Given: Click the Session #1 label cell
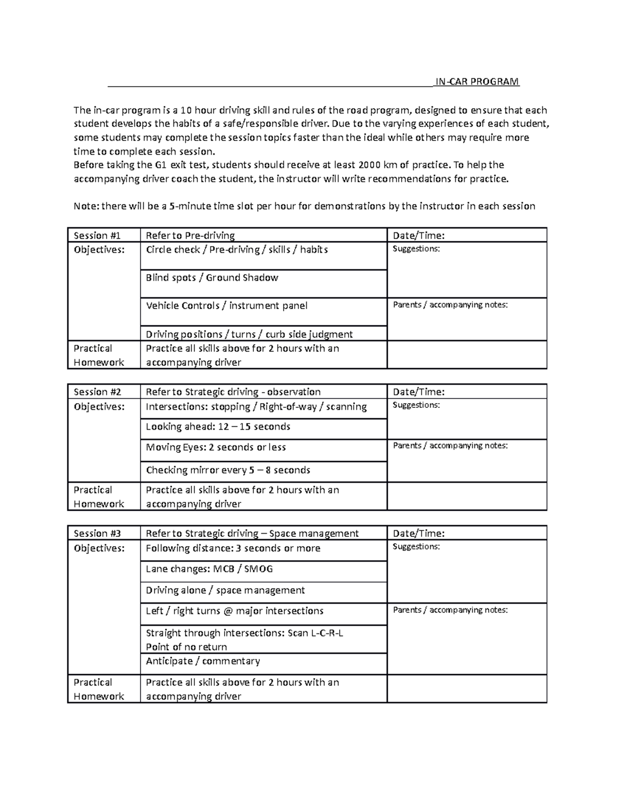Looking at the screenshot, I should click(x=97, y=236).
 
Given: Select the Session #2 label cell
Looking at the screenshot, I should click(x=97, y=392).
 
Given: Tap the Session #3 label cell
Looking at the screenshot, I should click(x=97, y=533).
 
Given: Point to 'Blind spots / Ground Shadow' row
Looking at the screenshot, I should click(x=212, y=278).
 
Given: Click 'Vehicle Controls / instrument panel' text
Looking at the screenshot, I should click(x=226, y=305).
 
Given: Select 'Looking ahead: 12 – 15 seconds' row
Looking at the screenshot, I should click(x=218, y=427).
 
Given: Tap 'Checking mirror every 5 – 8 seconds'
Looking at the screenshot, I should click(x=228, y=470).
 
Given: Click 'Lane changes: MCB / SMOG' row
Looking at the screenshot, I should click(x=209, y=569).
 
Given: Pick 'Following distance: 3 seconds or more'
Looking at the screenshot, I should click(x=233, y=548).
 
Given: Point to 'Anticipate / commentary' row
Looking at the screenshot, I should click(x=203, y=661).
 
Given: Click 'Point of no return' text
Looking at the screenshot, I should click(x=186, y=647).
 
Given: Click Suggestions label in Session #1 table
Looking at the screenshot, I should click(x=416, y=249).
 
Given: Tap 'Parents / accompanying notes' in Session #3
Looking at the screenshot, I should click(x=450, y=610).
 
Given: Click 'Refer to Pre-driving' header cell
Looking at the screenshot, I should click(x=190, y=236).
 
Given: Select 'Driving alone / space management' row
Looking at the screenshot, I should click(x=225, y=590).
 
